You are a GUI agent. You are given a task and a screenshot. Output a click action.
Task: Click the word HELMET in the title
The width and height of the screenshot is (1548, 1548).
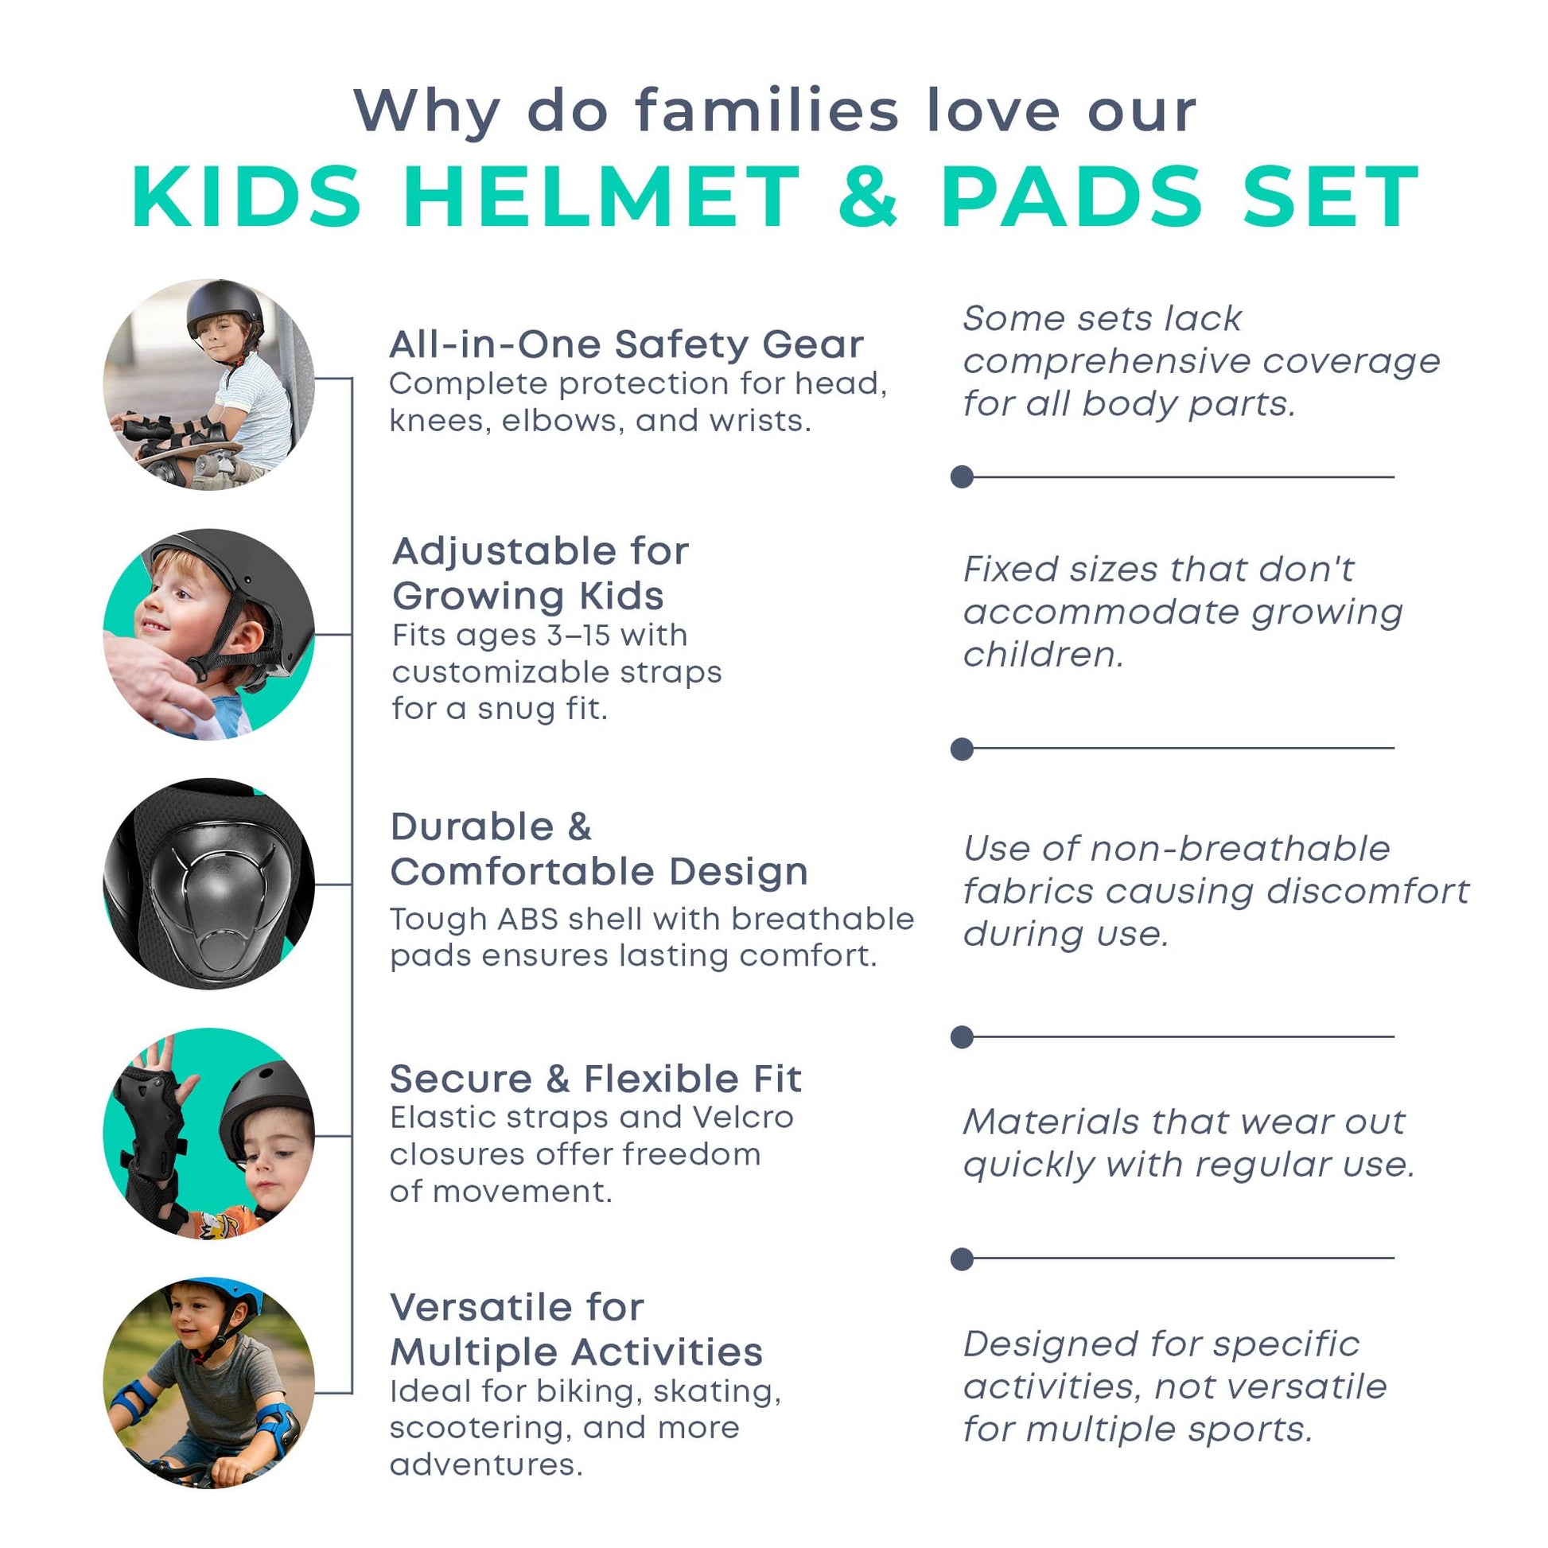click(x=601, y=196)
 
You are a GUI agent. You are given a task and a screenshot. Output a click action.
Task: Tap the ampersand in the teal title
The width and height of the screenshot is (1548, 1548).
click(x=869, y=196)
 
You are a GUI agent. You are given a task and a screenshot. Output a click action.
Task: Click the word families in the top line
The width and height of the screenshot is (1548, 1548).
click(x=767, y=110)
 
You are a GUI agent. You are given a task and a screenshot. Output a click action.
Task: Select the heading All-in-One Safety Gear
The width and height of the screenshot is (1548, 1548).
click(x=626, y=344)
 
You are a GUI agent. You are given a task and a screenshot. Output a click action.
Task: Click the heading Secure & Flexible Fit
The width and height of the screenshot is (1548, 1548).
click(x=595, y=1079)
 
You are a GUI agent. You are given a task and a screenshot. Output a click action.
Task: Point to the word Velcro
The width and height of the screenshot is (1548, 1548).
click(x=743, y=1117)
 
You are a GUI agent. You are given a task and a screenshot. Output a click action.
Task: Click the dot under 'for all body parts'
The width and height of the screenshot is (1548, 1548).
click(x=962, y=476)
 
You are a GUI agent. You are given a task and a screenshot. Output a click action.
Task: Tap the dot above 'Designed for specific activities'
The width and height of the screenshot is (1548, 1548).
click(x=962, y=1258)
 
